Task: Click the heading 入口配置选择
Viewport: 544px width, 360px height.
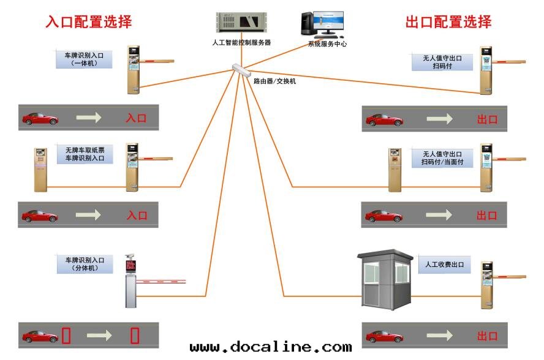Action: click(x=89, y=22)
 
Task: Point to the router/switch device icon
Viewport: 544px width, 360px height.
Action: click(x=242, y=70)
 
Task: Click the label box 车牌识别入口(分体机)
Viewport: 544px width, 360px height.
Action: click(x=85, y=264)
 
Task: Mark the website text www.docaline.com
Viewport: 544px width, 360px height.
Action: click(x=271, y=348)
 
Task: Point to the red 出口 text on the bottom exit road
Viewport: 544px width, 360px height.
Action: click(x=487, y=336)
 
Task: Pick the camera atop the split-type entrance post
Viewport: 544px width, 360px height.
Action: click(x=129, y=257)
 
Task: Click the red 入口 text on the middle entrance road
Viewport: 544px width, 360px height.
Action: click(x=137, y=216)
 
